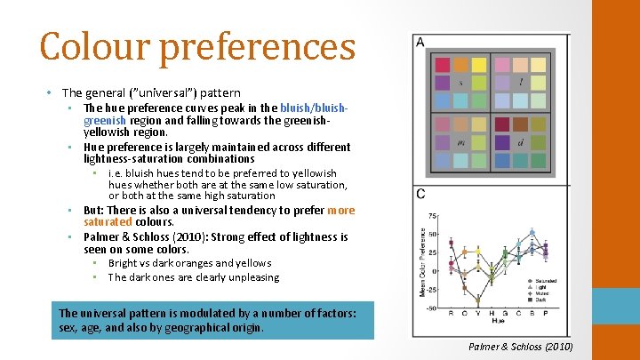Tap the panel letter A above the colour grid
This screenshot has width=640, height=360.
420,43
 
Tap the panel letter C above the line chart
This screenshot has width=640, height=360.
420,194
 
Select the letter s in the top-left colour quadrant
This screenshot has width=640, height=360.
460,83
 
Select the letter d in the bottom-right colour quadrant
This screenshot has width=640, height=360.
521,141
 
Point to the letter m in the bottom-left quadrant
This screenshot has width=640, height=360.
460,141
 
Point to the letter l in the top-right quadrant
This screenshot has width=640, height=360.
521,83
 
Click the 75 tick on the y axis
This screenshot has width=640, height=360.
432,216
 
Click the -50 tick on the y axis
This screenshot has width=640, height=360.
430,308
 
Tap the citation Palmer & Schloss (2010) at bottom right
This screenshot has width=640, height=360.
520,347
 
